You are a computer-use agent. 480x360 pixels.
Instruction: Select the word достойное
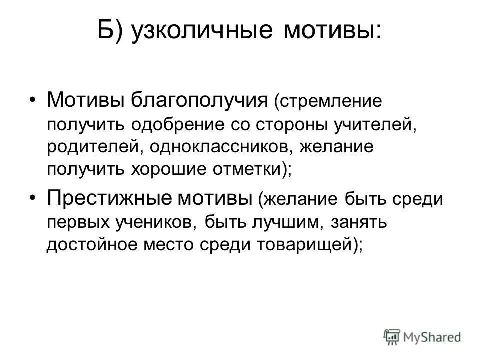pos(91,244)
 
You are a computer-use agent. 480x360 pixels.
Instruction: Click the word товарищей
pos(303,244)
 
